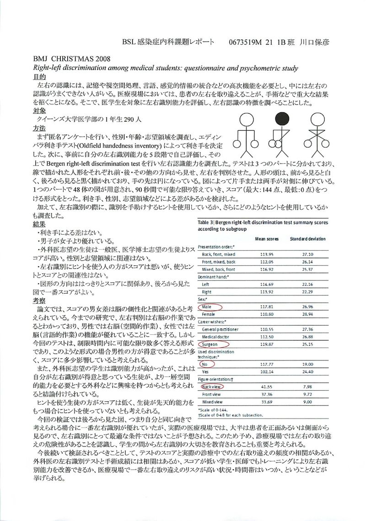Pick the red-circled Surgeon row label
click(213, 344)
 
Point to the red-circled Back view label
click(213, 387)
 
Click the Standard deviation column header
click(308, 239)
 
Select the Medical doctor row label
click(217, 336)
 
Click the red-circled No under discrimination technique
click(205, 365)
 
